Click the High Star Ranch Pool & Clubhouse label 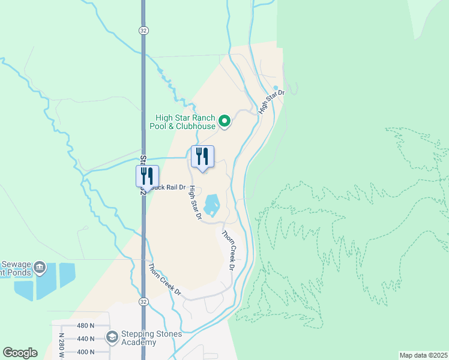pyautogui.click(x=185, y=122)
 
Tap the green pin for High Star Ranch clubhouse pyautogui.click(x=224, y=121)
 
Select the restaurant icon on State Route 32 pyautogui.click(x=147, y=177)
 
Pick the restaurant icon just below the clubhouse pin pyautogui.click(x=202, y=157)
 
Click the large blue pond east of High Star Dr pyautogui.click(x=211, y=205)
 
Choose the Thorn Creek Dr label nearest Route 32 pyautogui.click(x=164, y=280)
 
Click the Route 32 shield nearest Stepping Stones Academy pyautogui.click(x=142, y=300)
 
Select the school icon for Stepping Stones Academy pyautogui.click(x=111, y=338)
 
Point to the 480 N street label pyautogui.click(x=86, y=326)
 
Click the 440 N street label pyautogui.click(x=86, y=339)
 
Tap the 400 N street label pyautogui.click(x=86, y=352)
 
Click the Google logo pyautogui.click(x=20, y=353)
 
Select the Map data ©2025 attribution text pyautogui.click(x=423, y=355)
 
